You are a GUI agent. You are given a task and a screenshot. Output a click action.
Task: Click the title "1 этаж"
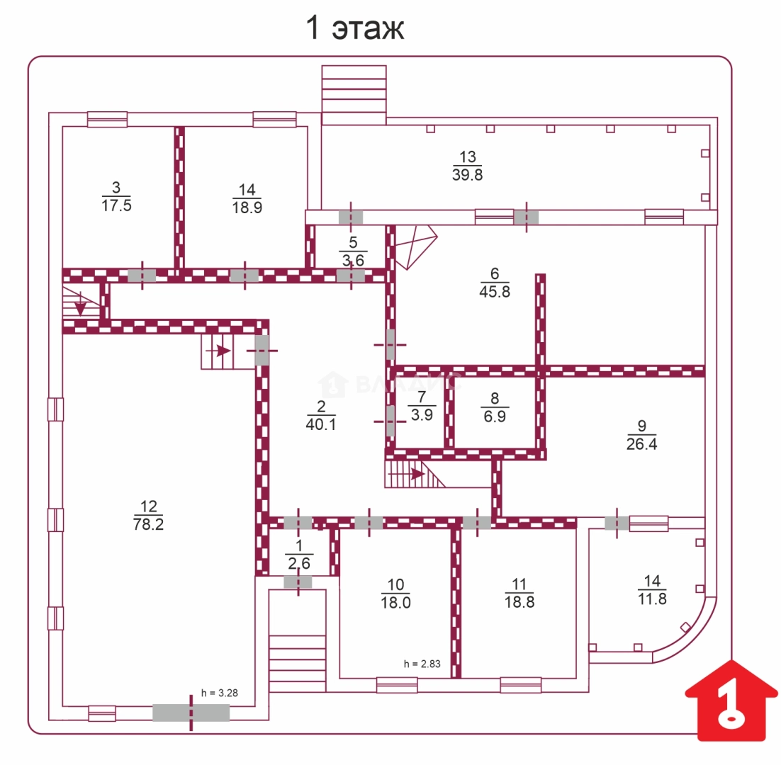pos(354,28)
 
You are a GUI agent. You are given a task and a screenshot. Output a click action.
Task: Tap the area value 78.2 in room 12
pos(148,524)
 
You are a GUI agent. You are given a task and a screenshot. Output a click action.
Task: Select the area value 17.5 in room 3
pos(116,205)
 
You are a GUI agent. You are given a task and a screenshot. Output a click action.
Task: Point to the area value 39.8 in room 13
pos(467,175)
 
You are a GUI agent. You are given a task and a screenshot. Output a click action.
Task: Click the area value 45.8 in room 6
pos(495,291)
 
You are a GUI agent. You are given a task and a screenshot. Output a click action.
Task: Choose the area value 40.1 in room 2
pos(321,424)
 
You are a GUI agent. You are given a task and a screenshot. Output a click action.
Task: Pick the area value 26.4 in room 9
pos(641,443)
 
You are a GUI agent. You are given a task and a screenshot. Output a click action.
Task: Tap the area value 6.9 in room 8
pos(495,416)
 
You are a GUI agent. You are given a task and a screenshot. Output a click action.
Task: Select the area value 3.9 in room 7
pos(422,414)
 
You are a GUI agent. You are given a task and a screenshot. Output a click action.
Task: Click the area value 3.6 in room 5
pos(353,260)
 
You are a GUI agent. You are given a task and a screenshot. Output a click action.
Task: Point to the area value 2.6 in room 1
pos(299,563)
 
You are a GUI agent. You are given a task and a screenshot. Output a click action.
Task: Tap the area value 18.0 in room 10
pos(395,602)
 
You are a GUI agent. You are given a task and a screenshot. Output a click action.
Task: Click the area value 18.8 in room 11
pos(519,602)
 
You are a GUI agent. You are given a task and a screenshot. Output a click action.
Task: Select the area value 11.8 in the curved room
pos(652,599)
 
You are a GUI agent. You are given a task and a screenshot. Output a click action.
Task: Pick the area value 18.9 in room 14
pos(247,207)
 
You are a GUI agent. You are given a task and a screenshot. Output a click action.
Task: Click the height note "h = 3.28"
pos(220,693)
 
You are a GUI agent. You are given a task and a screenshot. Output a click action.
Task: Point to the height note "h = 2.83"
pos(422,664)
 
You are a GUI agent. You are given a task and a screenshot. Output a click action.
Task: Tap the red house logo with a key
pos(731,701)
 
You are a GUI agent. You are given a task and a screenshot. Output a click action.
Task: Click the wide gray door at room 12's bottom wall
pos(191,713)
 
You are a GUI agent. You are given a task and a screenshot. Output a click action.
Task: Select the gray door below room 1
pos(298,582)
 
